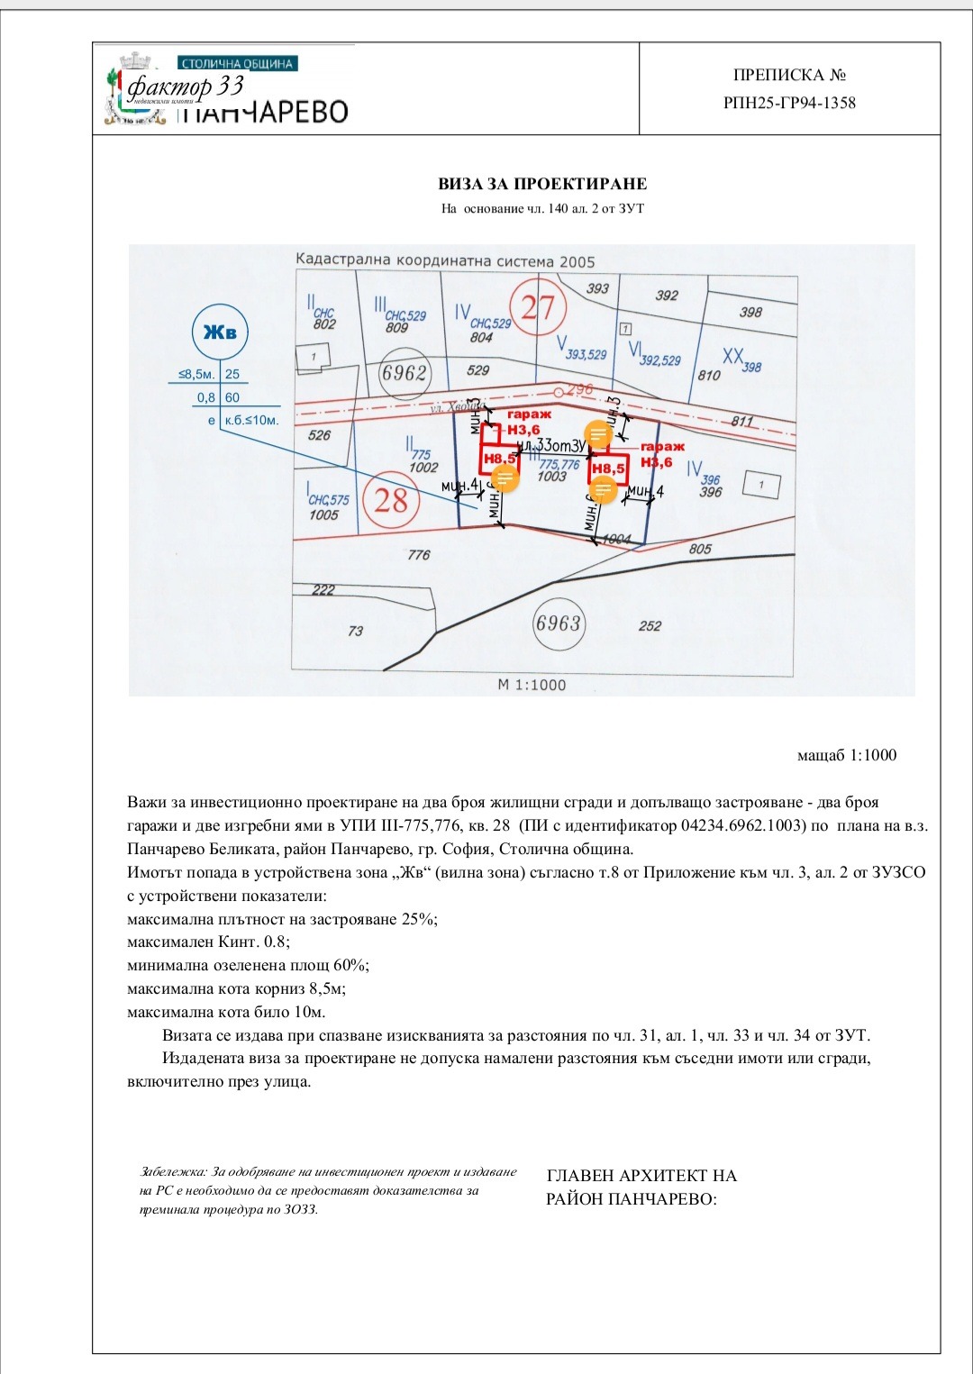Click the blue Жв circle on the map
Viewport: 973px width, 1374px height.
(x=220, y=332)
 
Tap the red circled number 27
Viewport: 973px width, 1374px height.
(x=538, y=307)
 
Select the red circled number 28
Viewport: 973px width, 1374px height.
(x=391, y=499)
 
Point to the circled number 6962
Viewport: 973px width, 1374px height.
(x=404, y=372)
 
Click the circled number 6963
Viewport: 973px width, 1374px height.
(x=558, y=623)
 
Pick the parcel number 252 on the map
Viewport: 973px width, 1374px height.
(x=650, y=626)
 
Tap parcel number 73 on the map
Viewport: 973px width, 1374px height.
(x=356, y=631)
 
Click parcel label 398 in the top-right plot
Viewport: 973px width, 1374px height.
(x=750, y=312)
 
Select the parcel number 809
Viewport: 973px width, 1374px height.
(x=396, y=328)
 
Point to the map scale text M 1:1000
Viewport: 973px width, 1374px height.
(x=532, y=685)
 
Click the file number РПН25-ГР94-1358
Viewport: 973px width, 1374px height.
(x=789, y=103)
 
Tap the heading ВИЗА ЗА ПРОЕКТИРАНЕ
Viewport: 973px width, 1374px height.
(x=542, y=184)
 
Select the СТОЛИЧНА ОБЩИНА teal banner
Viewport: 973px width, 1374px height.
(x=238, y=64)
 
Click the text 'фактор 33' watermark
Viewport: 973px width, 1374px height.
(x=186, y=86)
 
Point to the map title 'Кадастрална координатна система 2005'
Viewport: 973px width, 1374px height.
(x=445, y=261)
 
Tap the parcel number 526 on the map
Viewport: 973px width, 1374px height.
(x=319, y=435)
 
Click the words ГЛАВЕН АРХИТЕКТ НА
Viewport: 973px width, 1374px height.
(x=641, y=1176)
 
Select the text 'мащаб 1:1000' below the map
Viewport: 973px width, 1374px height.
(x=847, y=755)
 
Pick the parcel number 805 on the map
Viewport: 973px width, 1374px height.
(x=700, y=549)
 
